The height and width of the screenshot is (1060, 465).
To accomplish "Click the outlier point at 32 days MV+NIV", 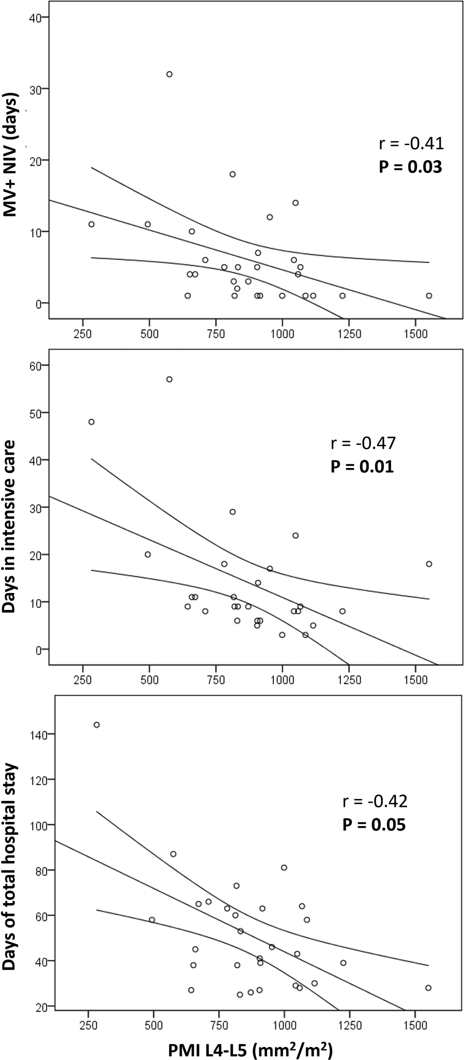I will (169, 74).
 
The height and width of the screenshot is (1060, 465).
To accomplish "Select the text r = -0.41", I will (411, 143).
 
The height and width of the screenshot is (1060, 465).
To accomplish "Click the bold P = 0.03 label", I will (411, 167).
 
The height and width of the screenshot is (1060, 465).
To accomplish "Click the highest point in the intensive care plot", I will (169, 379).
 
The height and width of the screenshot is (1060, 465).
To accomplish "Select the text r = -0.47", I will (363, 443).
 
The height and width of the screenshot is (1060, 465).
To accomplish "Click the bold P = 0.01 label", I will (362, 466).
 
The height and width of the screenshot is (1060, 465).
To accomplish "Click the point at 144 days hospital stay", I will (97, 725).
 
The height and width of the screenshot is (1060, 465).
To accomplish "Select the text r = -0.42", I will (375, 801).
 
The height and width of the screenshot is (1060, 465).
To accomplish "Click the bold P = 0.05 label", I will (375, 824).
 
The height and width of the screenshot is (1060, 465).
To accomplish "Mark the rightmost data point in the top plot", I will (429, 296).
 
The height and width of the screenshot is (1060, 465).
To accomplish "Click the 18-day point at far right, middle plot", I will (429, 564).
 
